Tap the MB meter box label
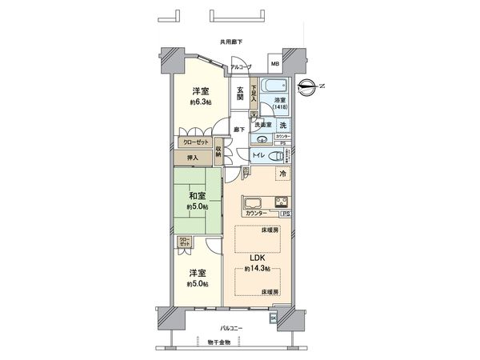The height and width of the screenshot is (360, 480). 274,63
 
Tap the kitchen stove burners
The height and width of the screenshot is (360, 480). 282,201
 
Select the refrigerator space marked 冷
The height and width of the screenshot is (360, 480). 282,174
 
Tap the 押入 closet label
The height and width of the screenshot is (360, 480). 192,158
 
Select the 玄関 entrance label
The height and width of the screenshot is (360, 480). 240,94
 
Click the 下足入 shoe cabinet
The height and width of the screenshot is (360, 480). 254,93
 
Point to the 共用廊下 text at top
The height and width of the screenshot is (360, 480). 233,42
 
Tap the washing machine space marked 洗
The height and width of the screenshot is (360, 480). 283,124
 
